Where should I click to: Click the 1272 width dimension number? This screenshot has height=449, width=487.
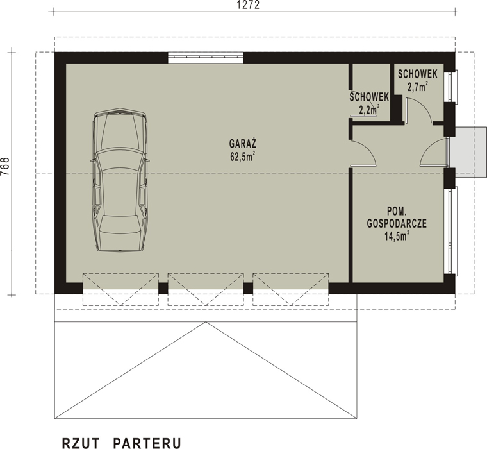coord(248,5)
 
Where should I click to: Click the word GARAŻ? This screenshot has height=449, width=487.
coord(243,143)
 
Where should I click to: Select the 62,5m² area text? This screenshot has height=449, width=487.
coord(243,157)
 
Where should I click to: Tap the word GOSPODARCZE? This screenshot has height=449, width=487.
coord(397,223)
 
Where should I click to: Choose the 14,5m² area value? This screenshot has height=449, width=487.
coord(397,235)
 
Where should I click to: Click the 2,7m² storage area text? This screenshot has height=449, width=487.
coord(418,87)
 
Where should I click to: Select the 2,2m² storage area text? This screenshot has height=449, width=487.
coord(369,110)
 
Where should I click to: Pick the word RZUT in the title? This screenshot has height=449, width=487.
coord(81,443)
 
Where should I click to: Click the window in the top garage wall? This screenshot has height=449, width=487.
coord(206,58)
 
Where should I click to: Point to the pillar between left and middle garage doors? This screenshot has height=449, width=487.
coord(163,288)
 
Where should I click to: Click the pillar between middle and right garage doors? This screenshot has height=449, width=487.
coord(248,288)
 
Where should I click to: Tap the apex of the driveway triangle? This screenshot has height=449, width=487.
coord(206,322)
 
